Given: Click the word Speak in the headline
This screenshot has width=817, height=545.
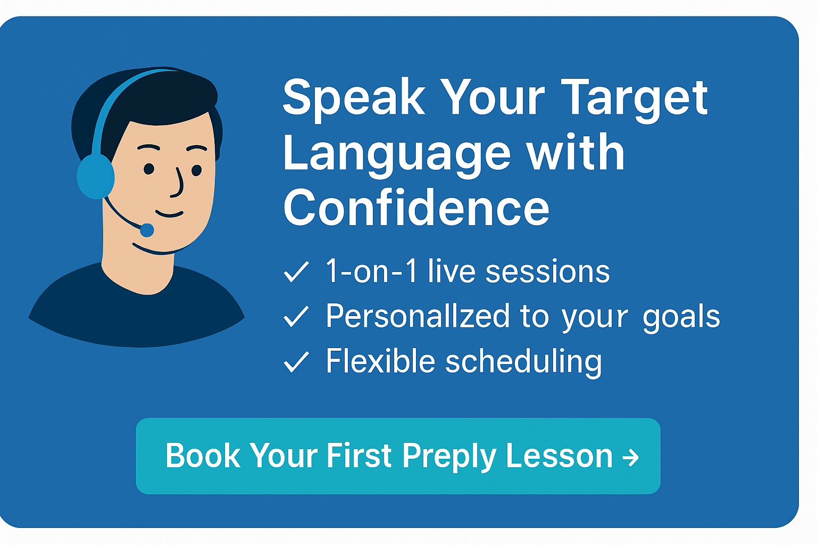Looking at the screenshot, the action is tap(354, 100).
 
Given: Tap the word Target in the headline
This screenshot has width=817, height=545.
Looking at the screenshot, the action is tap(634, 100).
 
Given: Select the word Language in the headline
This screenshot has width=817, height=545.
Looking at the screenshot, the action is tap(397, 155).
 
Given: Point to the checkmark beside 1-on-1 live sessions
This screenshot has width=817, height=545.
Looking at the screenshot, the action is tap(296, 272).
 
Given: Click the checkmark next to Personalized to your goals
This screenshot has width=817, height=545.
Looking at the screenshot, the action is tap(296, 316).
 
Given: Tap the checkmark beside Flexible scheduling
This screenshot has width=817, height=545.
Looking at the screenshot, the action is tap(296, 362).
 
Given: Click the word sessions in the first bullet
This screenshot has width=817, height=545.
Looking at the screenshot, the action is tap(547, 272).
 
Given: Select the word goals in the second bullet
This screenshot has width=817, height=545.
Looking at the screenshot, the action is tap(681, 317).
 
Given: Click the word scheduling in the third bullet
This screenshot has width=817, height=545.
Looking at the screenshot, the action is tap(524, 362).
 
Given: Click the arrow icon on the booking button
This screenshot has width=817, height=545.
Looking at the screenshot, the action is tap(631, 457).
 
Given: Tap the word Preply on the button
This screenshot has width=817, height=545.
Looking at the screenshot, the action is tap(449, 457).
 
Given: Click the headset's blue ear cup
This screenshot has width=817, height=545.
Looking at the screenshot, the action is tap(96, 177).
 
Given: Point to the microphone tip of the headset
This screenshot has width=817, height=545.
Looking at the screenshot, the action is tap(147, 230).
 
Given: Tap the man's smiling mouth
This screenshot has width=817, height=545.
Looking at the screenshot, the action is tap(169, 213).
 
